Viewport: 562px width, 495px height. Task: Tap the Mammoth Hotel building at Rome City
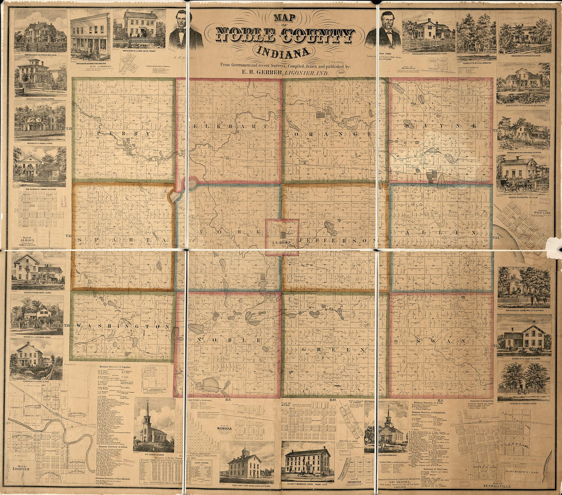click(307, 461)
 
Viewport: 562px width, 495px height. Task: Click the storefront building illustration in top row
click(90, 36)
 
